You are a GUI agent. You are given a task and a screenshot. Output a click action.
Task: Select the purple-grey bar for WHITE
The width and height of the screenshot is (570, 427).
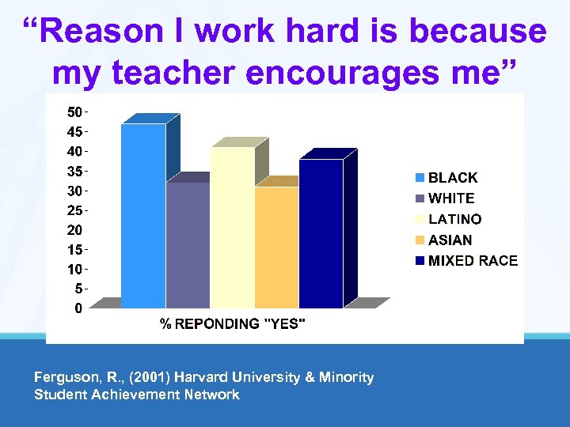(188, 245)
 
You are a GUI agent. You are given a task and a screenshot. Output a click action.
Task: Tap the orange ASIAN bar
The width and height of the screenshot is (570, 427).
(276, 247)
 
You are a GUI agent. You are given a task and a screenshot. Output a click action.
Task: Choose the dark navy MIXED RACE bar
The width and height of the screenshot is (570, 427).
(321, 233)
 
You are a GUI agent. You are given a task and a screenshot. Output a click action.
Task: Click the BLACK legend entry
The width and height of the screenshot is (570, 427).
(447, 178)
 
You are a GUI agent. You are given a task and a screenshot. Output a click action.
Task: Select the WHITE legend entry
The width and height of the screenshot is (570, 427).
(446, 198)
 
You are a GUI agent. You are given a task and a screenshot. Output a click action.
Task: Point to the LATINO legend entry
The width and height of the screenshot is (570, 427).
(449, 219)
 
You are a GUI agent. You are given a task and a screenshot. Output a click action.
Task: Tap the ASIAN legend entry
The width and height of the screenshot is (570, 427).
(444, 240)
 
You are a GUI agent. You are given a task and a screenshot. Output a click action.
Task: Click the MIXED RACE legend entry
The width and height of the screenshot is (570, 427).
(467, 260)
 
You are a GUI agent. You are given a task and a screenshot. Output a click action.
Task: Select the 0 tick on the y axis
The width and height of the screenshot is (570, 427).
(78, 308)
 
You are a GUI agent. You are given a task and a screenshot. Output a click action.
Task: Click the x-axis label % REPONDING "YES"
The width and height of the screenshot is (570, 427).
(233, 323)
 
